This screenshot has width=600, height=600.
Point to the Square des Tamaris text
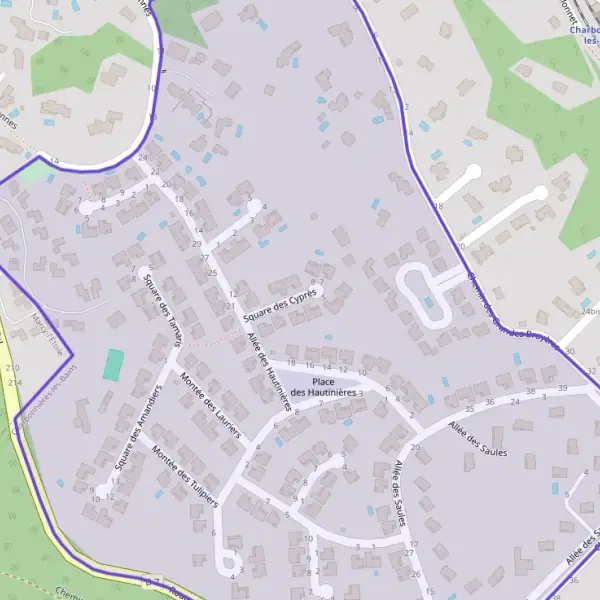pos(162,309)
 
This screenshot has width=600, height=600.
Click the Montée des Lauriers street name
pos(211,405)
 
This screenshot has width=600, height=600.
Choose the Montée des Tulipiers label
pos(185,476)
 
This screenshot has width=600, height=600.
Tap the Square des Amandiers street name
pos(137,427)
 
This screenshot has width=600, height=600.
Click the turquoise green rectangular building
pos(114,364)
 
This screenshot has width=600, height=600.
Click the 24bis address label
pos(590,311)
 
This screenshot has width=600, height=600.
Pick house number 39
pos(563,388)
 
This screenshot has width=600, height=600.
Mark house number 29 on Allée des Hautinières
pos(197,244)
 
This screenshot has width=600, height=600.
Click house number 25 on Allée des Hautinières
pos(212,273)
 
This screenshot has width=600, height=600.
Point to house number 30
pos(569,352)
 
